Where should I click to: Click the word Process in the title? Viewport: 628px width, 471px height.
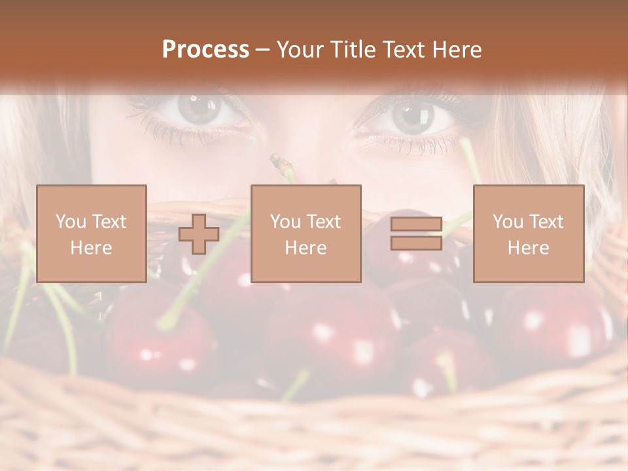(205, 50)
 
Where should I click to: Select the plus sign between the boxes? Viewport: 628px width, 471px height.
(199, 234)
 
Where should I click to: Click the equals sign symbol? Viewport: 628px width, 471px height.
(416, 234)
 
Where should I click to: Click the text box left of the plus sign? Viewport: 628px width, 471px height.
(92, 234)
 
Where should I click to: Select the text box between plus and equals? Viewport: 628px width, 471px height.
(305, 234)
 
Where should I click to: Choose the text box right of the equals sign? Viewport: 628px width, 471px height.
(529, 234)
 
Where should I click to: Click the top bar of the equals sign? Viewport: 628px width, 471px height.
(416, 225)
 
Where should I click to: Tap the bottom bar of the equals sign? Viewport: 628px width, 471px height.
(416, 243)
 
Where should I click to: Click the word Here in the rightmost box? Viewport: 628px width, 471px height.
(529, 248)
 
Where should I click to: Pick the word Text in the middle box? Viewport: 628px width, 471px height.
(324, 222)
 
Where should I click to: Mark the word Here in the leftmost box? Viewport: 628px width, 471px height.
(92, 248)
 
